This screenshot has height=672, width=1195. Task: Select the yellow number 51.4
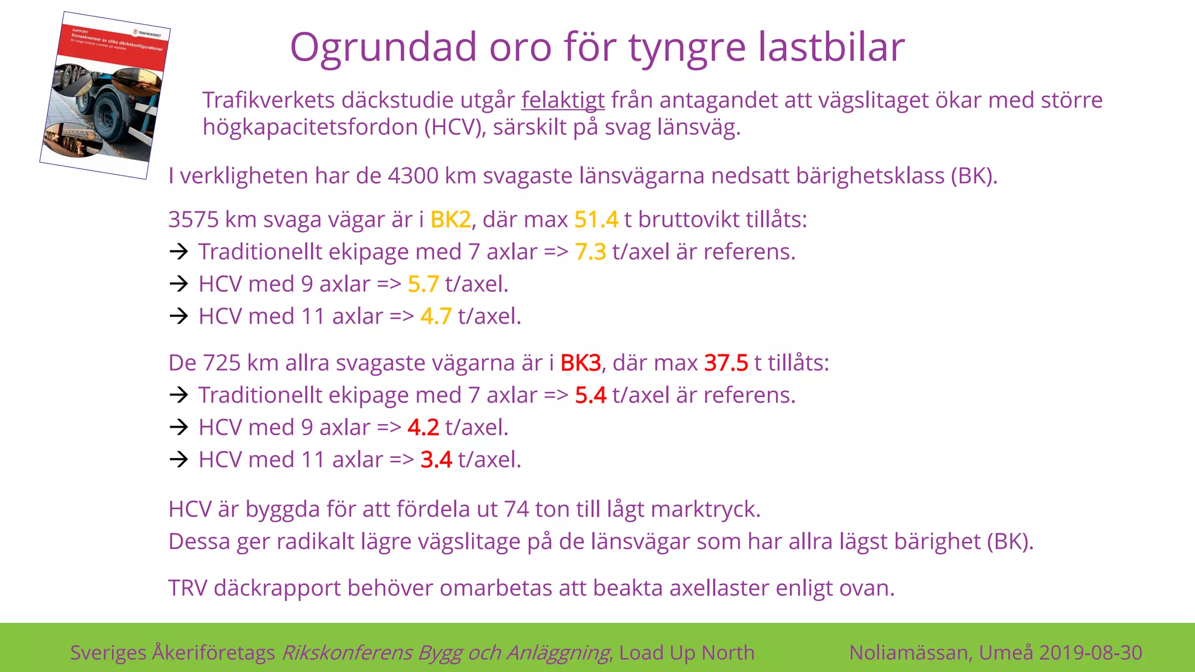tap(596, 220)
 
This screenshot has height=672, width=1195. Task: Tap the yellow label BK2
tap(450, 220)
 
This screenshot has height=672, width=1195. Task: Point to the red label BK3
tap(580, 363)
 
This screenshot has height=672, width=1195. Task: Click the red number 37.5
tap(726, 363)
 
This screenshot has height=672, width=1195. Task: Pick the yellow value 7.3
tap(590, 252)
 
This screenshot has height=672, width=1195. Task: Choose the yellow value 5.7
tap(423, 284)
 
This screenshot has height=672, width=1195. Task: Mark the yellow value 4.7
tap(436, 316)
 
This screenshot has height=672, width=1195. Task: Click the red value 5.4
tap(590, 395)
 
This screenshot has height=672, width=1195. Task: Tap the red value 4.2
tap(423, 428)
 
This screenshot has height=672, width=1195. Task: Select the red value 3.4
tap(436, 460)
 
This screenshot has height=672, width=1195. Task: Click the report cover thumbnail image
tap(105, 95)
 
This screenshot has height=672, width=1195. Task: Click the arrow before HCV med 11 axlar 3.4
tap(179, 460)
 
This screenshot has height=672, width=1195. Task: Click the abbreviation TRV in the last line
tap(187, 588)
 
